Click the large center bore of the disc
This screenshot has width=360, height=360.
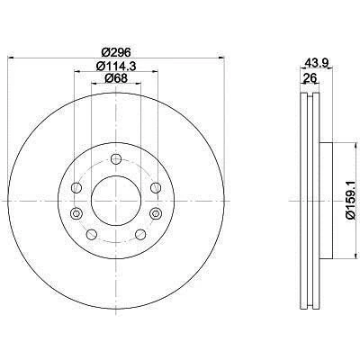point(115,197)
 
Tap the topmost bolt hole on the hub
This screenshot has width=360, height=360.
point(115,159)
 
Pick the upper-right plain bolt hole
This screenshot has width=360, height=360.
point(154,187)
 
